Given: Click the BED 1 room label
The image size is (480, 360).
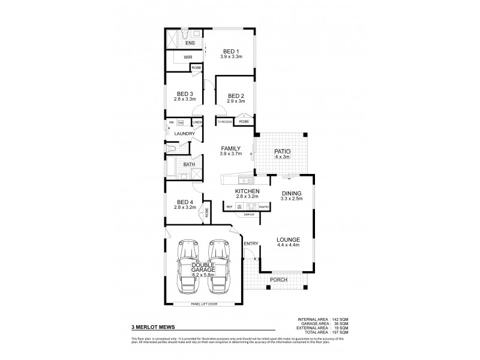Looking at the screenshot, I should pyautogui.click(x=231, y=50).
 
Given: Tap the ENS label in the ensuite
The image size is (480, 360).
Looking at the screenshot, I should pyautogui.click(x=190, y=43).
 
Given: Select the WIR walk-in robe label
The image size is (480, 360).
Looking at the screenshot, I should pyautogui.click(x=188, y=58).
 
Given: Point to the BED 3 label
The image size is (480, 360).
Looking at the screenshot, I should pyautogui.click(x=185, y=94).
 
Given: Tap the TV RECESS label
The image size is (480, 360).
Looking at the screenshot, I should pyautogui.click(x=224, y=122).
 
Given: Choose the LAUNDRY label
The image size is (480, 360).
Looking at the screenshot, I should pyautogui.click(x=185, y=134).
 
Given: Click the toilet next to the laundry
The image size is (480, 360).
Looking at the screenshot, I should pyautogui.click(x=172, y=148).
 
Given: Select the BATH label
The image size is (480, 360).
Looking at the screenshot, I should pyautogui.click(x=188, y=164).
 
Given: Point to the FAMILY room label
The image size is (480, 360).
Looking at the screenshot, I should pyautogui.click(x=231, y=148).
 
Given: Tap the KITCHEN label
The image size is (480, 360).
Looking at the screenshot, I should pyautogui.click(x=247, y=190).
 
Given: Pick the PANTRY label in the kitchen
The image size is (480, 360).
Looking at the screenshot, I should pyautogui.click(x=264, y=207).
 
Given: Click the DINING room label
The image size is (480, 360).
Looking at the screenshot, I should pyautogui.click(x=292, y=193).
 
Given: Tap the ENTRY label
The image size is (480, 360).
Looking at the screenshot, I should pyautogui.click(x=251, y=242).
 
